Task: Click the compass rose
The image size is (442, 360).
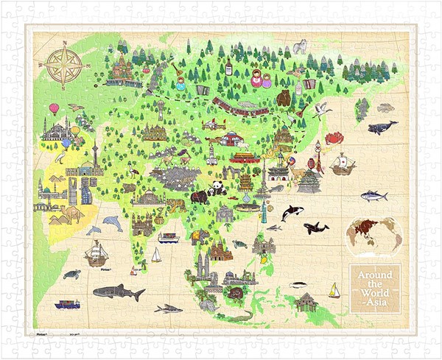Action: pos(64,64)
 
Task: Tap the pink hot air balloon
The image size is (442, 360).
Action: pos(54,108)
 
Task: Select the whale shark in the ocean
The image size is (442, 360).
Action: pos(119,292)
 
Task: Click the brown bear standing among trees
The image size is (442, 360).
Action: pos(284,98)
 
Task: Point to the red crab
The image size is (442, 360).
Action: pos(335,137)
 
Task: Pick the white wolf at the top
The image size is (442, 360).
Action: pos(300,47)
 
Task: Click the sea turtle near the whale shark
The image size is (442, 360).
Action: pos(71,275)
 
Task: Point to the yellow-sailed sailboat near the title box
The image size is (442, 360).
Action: pos(334,290)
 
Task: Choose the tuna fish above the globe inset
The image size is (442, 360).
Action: pos(373,196)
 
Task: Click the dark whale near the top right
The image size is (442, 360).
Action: pos(382,127)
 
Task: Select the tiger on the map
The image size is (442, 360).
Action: pos(176,205)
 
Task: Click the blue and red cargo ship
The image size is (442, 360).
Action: pos(67,303)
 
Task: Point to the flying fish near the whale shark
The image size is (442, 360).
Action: pos(168,308)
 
